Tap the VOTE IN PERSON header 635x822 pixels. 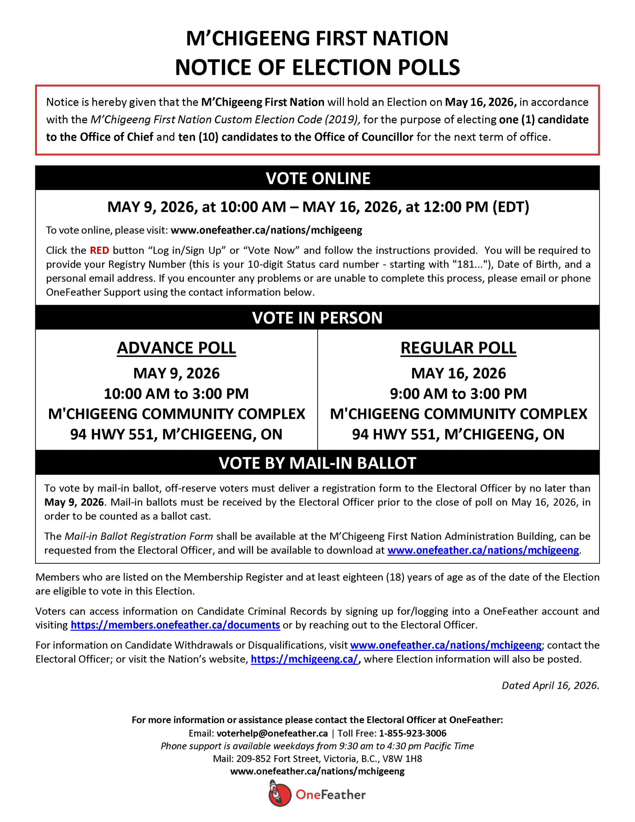click(317, 318)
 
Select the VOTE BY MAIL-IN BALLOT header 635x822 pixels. click(317, 463)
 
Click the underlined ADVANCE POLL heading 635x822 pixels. click(177, 348)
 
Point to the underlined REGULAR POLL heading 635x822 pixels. click(458, 348)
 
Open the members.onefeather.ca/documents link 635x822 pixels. click(175, 625)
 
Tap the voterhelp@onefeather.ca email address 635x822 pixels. click(272, 733)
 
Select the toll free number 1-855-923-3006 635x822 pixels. click(413, 733)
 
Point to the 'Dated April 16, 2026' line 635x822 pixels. click(550, 686)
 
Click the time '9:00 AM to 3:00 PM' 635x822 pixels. click(458, 394)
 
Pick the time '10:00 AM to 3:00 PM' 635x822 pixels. click(177, 394)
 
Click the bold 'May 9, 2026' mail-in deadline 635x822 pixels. click(74, 503)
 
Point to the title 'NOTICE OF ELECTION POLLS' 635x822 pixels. click(317, 67)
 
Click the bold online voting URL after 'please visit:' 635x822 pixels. click(266, 230)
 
